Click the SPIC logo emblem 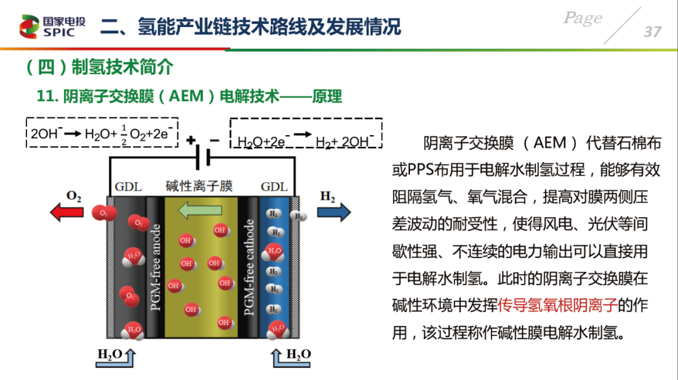[x=29, y=26]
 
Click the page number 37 [x=652, y=31]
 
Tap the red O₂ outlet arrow [x=67, y=212]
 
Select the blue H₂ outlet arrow [x=334, y=212]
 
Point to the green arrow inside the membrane [x=200, y=210]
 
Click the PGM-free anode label [x=155, y=267]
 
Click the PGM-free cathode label [x=249, y=268]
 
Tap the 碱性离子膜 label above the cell [x=200, y=186]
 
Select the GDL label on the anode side [x=128, y=187]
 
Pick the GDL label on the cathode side [x=274, y=187]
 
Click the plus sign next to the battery [x=191, y=140]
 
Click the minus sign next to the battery [x=215, y=140]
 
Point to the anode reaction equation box [x=102, y=133]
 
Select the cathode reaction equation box [x=306, y=133]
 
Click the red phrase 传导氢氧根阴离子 [x=557, y=305]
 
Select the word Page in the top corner [x=583, y=18]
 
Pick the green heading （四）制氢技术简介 [x=100, y=67]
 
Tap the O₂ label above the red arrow [x=74, y=197]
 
